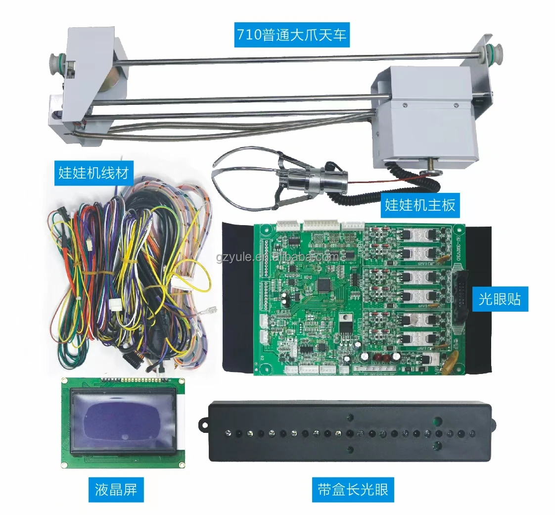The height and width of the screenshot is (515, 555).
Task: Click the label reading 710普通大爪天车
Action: (x=291, y=34)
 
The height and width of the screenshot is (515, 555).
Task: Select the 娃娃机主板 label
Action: (x=420, y=204)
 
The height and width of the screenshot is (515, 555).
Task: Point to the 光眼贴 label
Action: (x=500, y=298)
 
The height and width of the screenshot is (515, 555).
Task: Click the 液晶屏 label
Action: (x=116, y=489)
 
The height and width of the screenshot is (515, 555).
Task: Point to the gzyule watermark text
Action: (x=277, y=257)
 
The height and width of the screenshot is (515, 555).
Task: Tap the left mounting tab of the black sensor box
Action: (x=203, y=424)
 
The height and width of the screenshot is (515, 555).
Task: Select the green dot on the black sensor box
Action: (x=437, y=421)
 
